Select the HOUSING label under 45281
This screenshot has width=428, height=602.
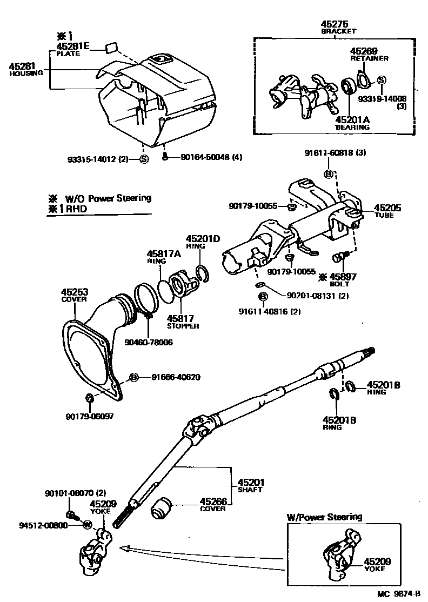pyautogui.click(x=26, y=73)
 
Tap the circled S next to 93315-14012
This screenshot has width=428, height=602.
pyautogui.click(x=144, y=159)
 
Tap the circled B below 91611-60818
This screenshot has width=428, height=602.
pyautogui.click(x=328, y=173)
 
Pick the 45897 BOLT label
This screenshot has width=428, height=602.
pyautogui.click(x=344, y=277)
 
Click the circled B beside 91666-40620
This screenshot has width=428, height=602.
pyautogui.click(x=133, y=377)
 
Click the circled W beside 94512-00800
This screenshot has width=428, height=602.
pyautogui.click(x=86, y=524)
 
